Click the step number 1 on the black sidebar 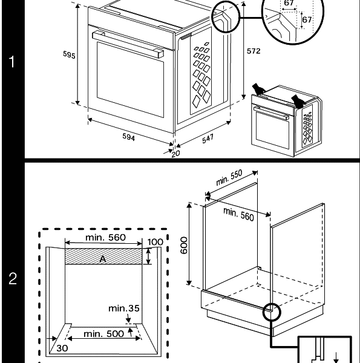tap(12, 62)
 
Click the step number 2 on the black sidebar tap(12, 280)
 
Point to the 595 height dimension tap(69, 55)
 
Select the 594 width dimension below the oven tap(128, 137)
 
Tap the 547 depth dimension tap(207, 139)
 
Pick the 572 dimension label tap(254, 51)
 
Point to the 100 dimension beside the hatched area tap(155, 242)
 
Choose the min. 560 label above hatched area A tap(105, 238)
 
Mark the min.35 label tap(124, 309)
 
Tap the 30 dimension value tap(62, 348)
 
